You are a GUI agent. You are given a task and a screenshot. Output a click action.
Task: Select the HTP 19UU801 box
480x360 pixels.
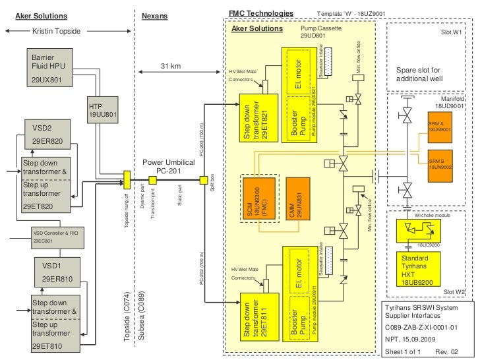(102, 110)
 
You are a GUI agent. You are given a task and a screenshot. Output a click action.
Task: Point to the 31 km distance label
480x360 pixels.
(170, 66)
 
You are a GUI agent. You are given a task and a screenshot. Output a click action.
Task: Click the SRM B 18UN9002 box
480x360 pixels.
(438, 164)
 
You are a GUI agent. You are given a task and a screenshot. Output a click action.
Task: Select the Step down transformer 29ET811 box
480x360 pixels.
(256, 319)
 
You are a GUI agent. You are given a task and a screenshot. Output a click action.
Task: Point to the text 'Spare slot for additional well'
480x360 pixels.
(418, 75)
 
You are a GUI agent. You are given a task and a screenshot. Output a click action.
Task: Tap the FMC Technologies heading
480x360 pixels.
(260, 13)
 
